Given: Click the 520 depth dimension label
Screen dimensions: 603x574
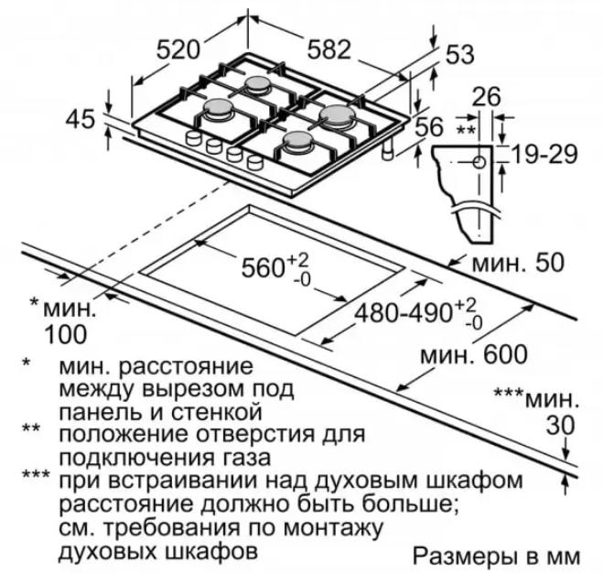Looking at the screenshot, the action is click(x=178, y=50).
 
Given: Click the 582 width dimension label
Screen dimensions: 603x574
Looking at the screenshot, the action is click(x=329, y=49).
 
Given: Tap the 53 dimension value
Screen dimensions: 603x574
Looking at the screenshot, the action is click(x=460, y=54).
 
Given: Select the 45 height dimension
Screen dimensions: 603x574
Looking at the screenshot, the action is click(x=80, y=119).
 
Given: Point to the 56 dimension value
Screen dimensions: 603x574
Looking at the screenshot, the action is click(x=429, y=126).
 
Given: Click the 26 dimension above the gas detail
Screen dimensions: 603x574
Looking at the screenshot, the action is click(x=487, y=96).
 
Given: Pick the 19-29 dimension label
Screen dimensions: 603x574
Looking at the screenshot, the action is click(x=545, y=155).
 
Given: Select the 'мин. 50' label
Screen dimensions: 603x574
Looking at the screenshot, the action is click(x=518, y=263).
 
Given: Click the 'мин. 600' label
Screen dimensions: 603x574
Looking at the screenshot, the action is click(x=474, y=354).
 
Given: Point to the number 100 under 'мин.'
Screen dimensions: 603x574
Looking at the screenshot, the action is click(x=66, y=334).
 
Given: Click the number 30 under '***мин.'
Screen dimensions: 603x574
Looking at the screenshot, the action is click(x=561, y=425).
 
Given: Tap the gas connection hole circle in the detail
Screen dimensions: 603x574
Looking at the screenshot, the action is click(x=479, y=162).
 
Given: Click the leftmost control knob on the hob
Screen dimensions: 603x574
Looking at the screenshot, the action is click(x=193, y=138).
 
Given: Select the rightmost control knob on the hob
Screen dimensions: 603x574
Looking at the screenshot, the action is click(x=254, y=162).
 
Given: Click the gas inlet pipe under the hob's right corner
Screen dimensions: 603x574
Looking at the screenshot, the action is click(x=388, y=149).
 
